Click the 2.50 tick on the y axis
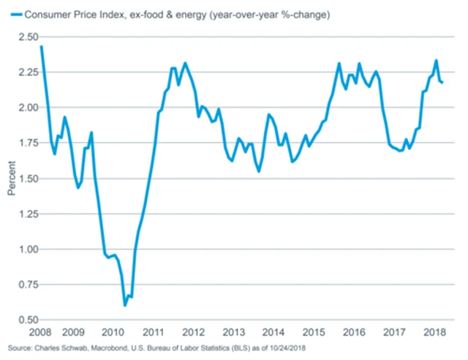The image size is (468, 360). [x=29, y=37]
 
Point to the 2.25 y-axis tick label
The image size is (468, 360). [x=29, y=72]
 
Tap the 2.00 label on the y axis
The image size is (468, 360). [x=29, y=108]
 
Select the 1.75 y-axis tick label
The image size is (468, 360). [x=29, y=143]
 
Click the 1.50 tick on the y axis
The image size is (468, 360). [x=29, y=179]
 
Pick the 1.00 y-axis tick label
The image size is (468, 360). [x=29, y=250]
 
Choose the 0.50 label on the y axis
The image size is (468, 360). [x=29, y=320]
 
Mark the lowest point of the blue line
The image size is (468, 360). [x=125, y=304]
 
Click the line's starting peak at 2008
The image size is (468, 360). [x=41, y=46]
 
